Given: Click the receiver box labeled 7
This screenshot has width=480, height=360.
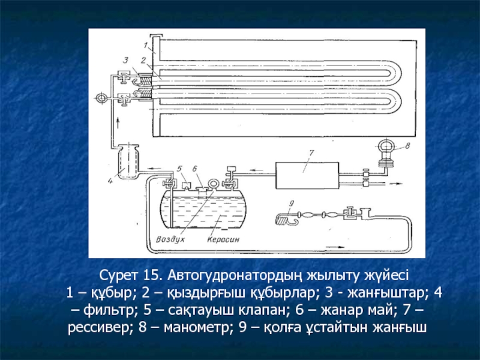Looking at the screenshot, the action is click(307, 175).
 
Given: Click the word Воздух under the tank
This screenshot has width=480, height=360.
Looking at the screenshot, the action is click(170, 239).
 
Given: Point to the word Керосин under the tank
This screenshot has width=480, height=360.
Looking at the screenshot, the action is click(223, 239).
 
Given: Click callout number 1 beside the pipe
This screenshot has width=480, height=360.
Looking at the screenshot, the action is click(146, 46).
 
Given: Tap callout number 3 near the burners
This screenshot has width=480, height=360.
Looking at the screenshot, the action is click(125, 61).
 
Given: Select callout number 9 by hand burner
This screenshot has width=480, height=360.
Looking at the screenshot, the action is click(292, 203).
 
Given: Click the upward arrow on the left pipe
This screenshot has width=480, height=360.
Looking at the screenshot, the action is click(118, 125).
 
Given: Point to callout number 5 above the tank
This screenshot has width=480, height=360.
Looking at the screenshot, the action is click(179, 168).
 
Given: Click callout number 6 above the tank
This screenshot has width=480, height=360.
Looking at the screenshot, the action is click(195, 168).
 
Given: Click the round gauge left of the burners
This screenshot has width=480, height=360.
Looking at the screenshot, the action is click(101, 98).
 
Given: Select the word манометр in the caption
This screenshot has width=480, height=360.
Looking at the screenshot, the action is click(197, 328).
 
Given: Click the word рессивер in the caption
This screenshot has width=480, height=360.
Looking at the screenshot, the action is click(100, 328).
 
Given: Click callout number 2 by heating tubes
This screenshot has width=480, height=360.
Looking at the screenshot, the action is click(143, 61).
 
